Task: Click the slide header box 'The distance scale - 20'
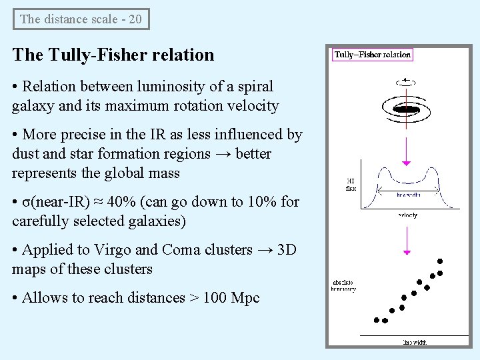pyautogui.click(x=81, y=19)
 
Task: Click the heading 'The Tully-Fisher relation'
pyautogui.click(x=113, y=55)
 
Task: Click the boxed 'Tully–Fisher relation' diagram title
pyautogui.click(x=373, y=55)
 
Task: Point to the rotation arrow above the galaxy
pyautogui.click(x=406, y=81)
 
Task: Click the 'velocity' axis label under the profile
pyautogui.click(x=408, y=215)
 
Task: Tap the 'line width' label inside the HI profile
pyautogui.click(x=409, y=195)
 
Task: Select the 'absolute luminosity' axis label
pyautogui.click(x=344, y=286)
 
